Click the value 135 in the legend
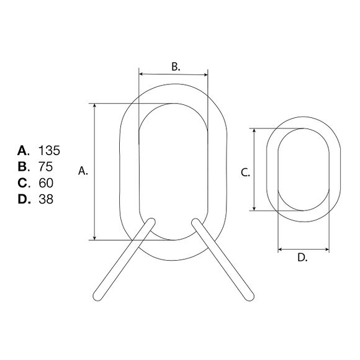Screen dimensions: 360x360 coord(49,151)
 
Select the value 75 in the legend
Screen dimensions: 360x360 coord(46,167)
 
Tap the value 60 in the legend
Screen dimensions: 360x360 coord(46,183)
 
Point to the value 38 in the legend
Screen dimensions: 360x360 coord(46,199)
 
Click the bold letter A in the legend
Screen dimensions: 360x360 coord(22,151)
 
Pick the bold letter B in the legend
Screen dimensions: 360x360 coord(22,167)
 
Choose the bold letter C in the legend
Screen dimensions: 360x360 coord(22,183)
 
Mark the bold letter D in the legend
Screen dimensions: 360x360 coord(23,199)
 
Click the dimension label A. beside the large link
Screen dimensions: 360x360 coord(83,171)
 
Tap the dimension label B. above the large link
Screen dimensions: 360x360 coord(176,66)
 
